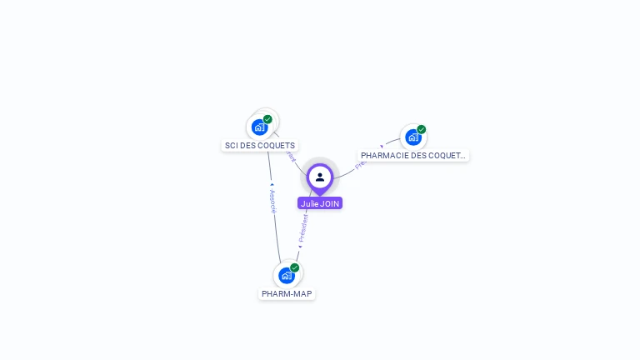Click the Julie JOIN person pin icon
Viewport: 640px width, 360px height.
pos(320,177)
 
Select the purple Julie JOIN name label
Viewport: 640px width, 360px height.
pos(320,203)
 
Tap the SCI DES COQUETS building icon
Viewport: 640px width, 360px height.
pos(260,127)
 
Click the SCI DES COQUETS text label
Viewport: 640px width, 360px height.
pos(260,146)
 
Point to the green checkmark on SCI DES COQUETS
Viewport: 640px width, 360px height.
pos(267,119)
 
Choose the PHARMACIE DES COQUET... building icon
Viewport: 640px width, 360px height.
pos(413,137)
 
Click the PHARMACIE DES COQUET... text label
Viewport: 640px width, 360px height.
pos(413,156)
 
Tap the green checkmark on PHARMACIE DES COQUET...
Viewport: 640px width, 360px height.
pos(422,129)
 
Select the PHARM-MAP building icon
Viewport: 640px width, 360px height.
pos(287,275)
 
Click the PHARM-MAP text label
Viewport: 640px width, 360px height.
pos(287,294)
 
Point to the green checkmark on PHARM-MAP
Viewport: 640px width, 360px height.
pos(294,267)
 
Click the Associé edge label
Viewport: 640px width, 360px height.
pos(272,201)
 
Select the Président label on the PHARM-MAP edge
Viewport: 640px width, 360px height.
pos(303,227)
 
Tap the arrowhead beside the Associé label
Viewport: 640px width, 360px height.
pos(272,184)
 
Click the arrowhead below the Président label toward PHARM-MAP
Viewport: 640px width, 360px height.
pos(300,247)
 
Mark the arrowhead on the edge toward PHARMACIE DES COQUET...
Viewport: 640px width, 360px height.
pos(382,147)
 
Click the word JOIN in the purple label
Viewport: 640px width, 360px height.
pos(329,203)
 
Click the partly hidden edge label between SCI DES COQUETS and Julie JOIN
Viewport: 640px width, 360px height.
pos(290,155)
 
